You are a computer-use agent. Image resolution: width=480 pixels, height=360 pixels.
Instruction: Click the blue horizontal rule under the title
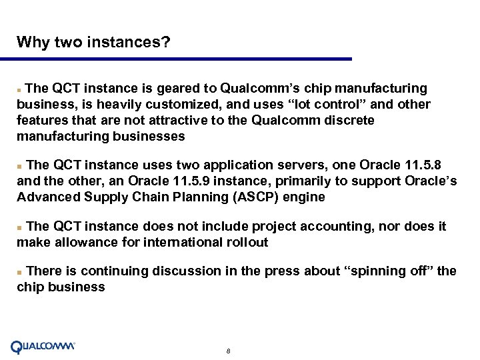coord(184,59)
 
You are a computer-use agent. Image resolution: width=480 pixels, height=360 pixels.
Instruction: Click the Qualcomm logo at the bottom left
coord(43,347)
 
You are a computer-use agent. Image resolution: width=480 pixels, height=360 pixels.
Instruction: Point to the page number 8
coord(229,351)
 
